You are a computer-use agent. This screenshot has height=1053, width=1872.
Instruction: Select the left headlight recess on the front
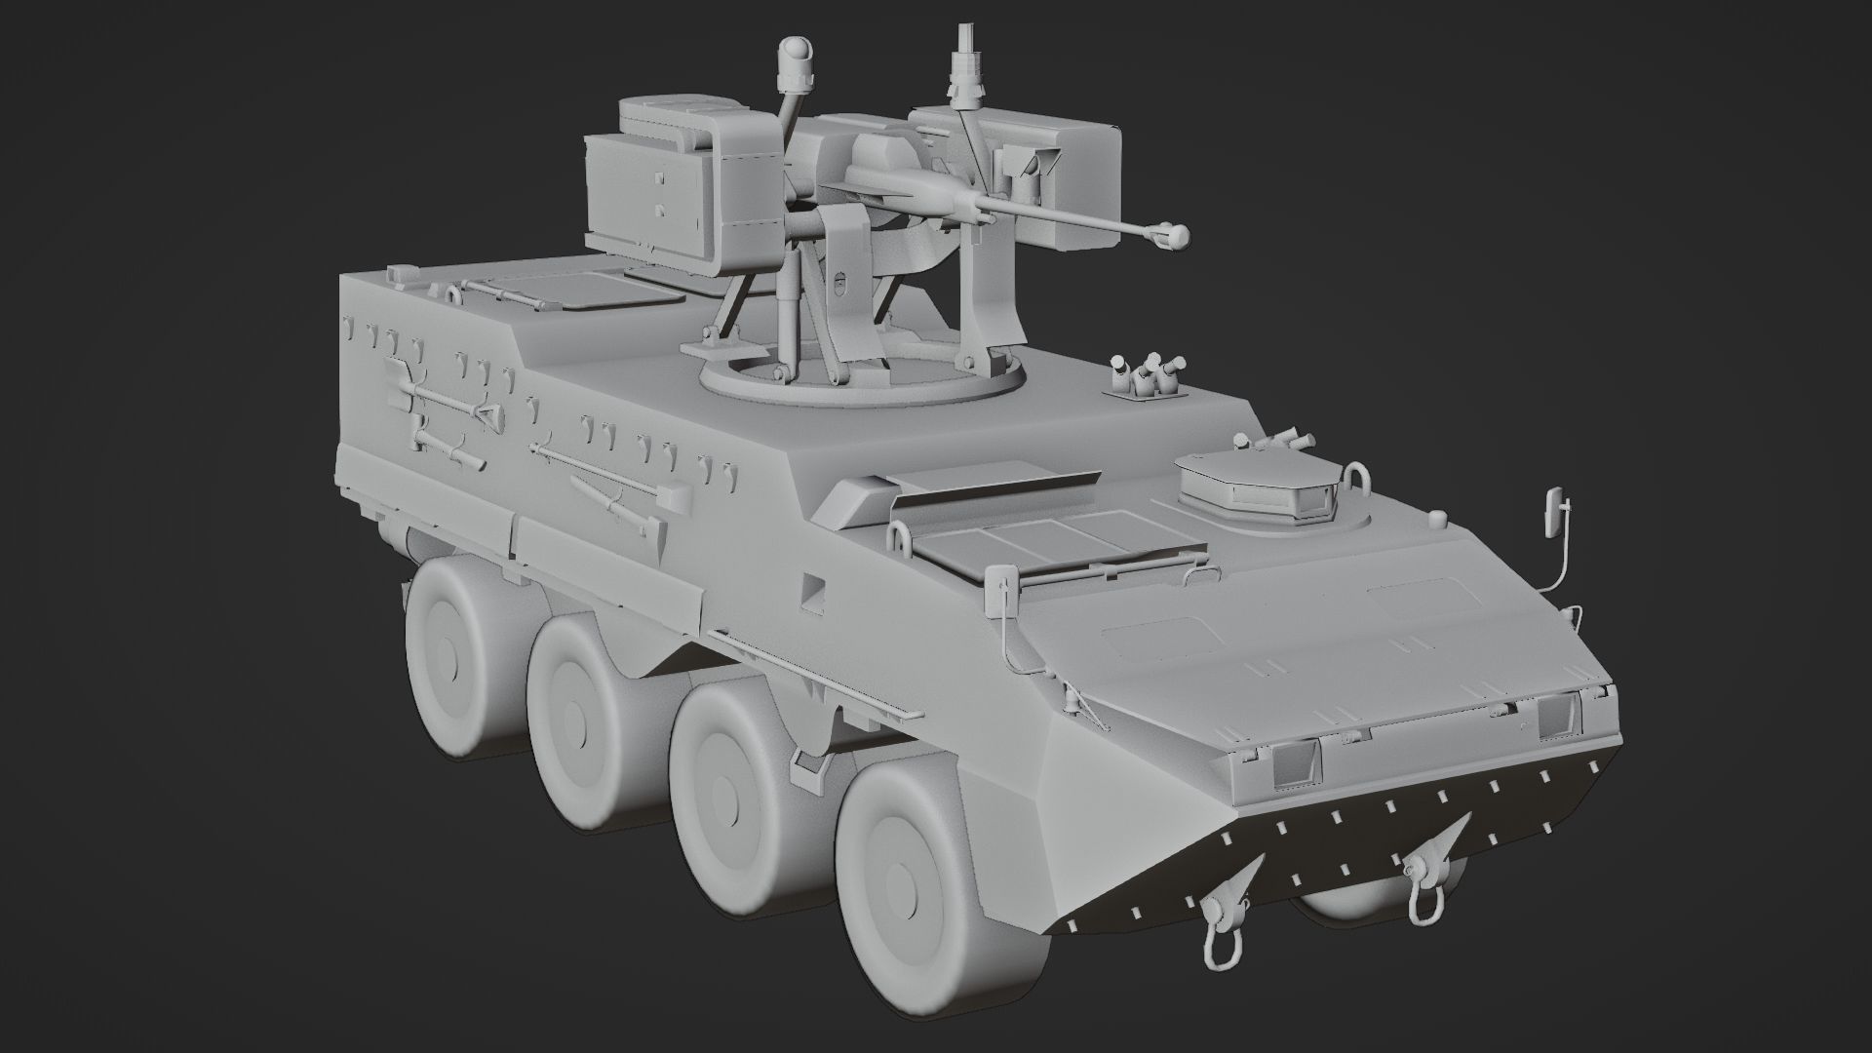click(1294, 762)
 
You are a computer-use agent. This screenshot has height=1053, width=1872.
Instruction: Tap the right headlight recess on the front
click(1556, 717)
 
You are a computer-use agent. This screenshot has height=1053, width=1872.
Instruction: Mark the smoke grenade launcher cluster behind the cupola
click(1149, 375)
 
